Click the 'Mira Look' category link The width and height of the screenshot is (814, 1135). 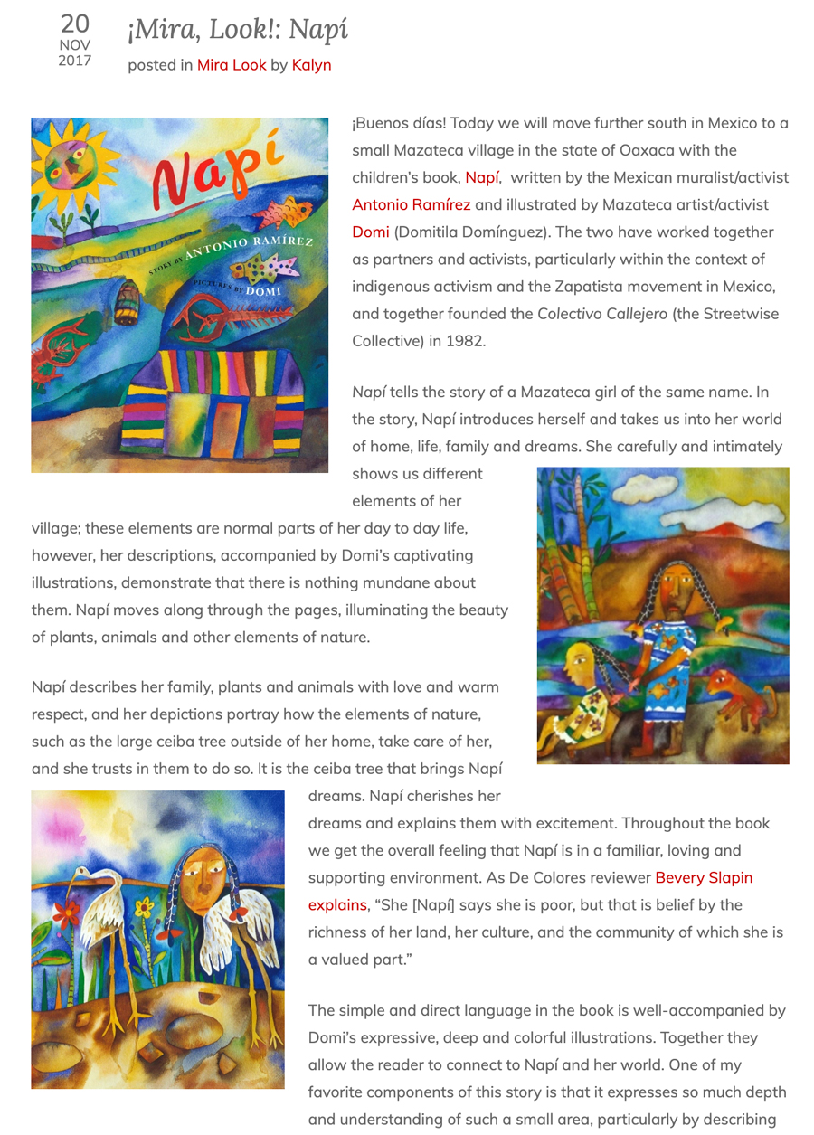click(x=232, y=65)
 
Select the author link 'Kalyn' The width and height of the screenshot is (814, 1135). click(x=311, y=65)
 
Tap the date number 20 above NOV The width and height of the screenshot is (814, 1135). click(x=75, y=24)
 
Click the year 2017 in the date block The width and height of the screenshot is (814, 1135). click(x=75, y=61)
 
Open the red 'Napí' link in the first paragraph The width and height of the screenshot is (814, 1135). click(x=482, y=177)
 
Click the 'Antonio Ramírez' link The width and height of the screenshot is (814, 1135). click(x=412, y=204)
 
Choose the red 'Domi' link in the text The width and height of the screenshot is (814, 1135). click(x=371, y=232)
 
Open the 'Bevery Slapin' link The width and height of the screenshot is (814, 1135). click(x=704, y=877)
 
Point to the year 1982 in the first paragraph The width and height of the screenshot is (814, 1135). click(x=465, y=341)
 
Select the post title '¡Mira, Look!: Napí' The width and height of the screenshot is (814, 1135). click(x=238, y=31)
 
